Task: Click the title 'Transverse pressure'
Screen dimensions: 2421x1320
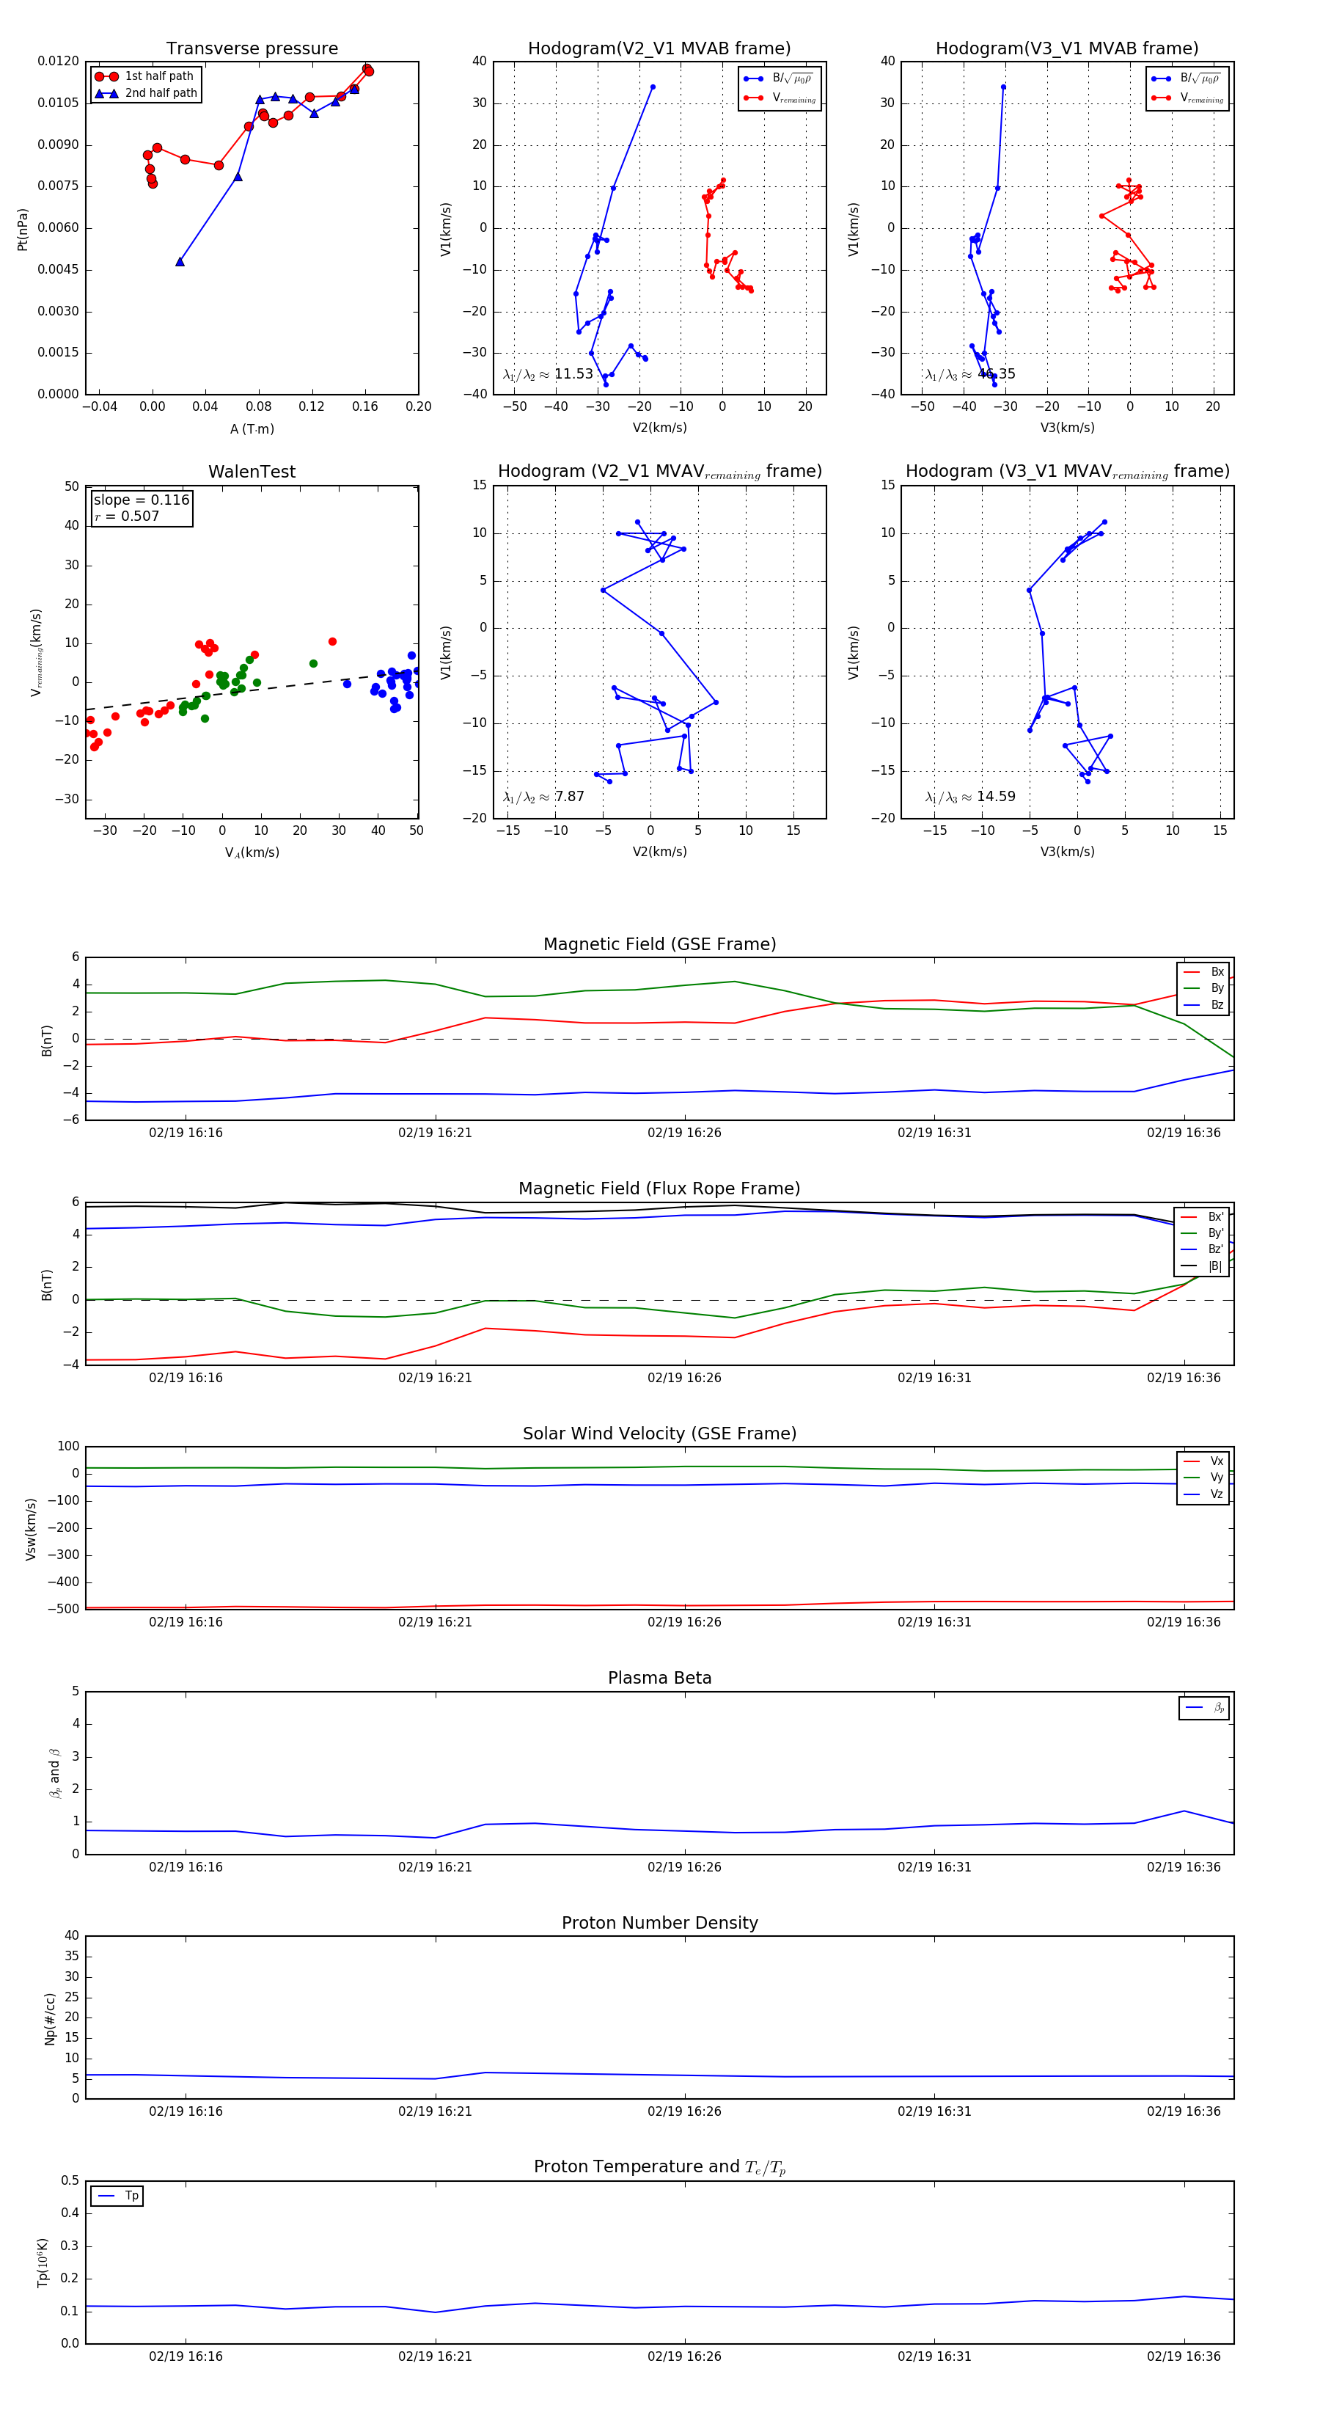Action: pos(252,49)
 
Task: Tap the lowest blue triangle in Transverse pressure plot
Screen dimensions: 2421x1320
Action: pos(180,261)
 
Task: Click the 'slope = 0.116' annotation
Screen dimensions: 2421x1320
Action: pos(141,500)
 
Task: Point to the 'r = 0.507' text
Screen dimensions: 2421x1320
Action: pos(127,516)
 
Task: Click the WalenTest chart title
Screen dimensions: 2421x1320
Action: pos(252,472)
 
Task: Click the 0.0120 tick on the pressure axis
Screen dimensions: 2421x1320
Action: pos(58,61)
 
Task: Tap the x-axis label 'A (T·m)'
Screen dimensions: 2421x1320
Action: pos(252,428)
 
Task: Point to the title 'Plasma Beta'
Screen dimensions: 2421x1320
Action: pos(659,1678)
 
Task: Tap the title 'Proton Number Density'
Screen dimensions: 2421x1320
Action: pos(659,1923)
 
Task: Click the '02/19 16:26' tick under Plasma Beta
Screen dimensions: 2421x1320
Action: pos(684,1866)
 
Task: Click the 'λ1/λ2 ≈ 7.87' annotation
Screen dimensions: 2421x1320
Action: pos(543,797)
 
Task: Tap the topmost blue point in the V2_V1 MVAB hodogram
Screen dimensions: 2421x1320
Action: pos(653,87)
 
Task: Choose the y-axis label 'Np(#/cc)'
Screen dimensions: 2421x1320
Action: pos(50,2019)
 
